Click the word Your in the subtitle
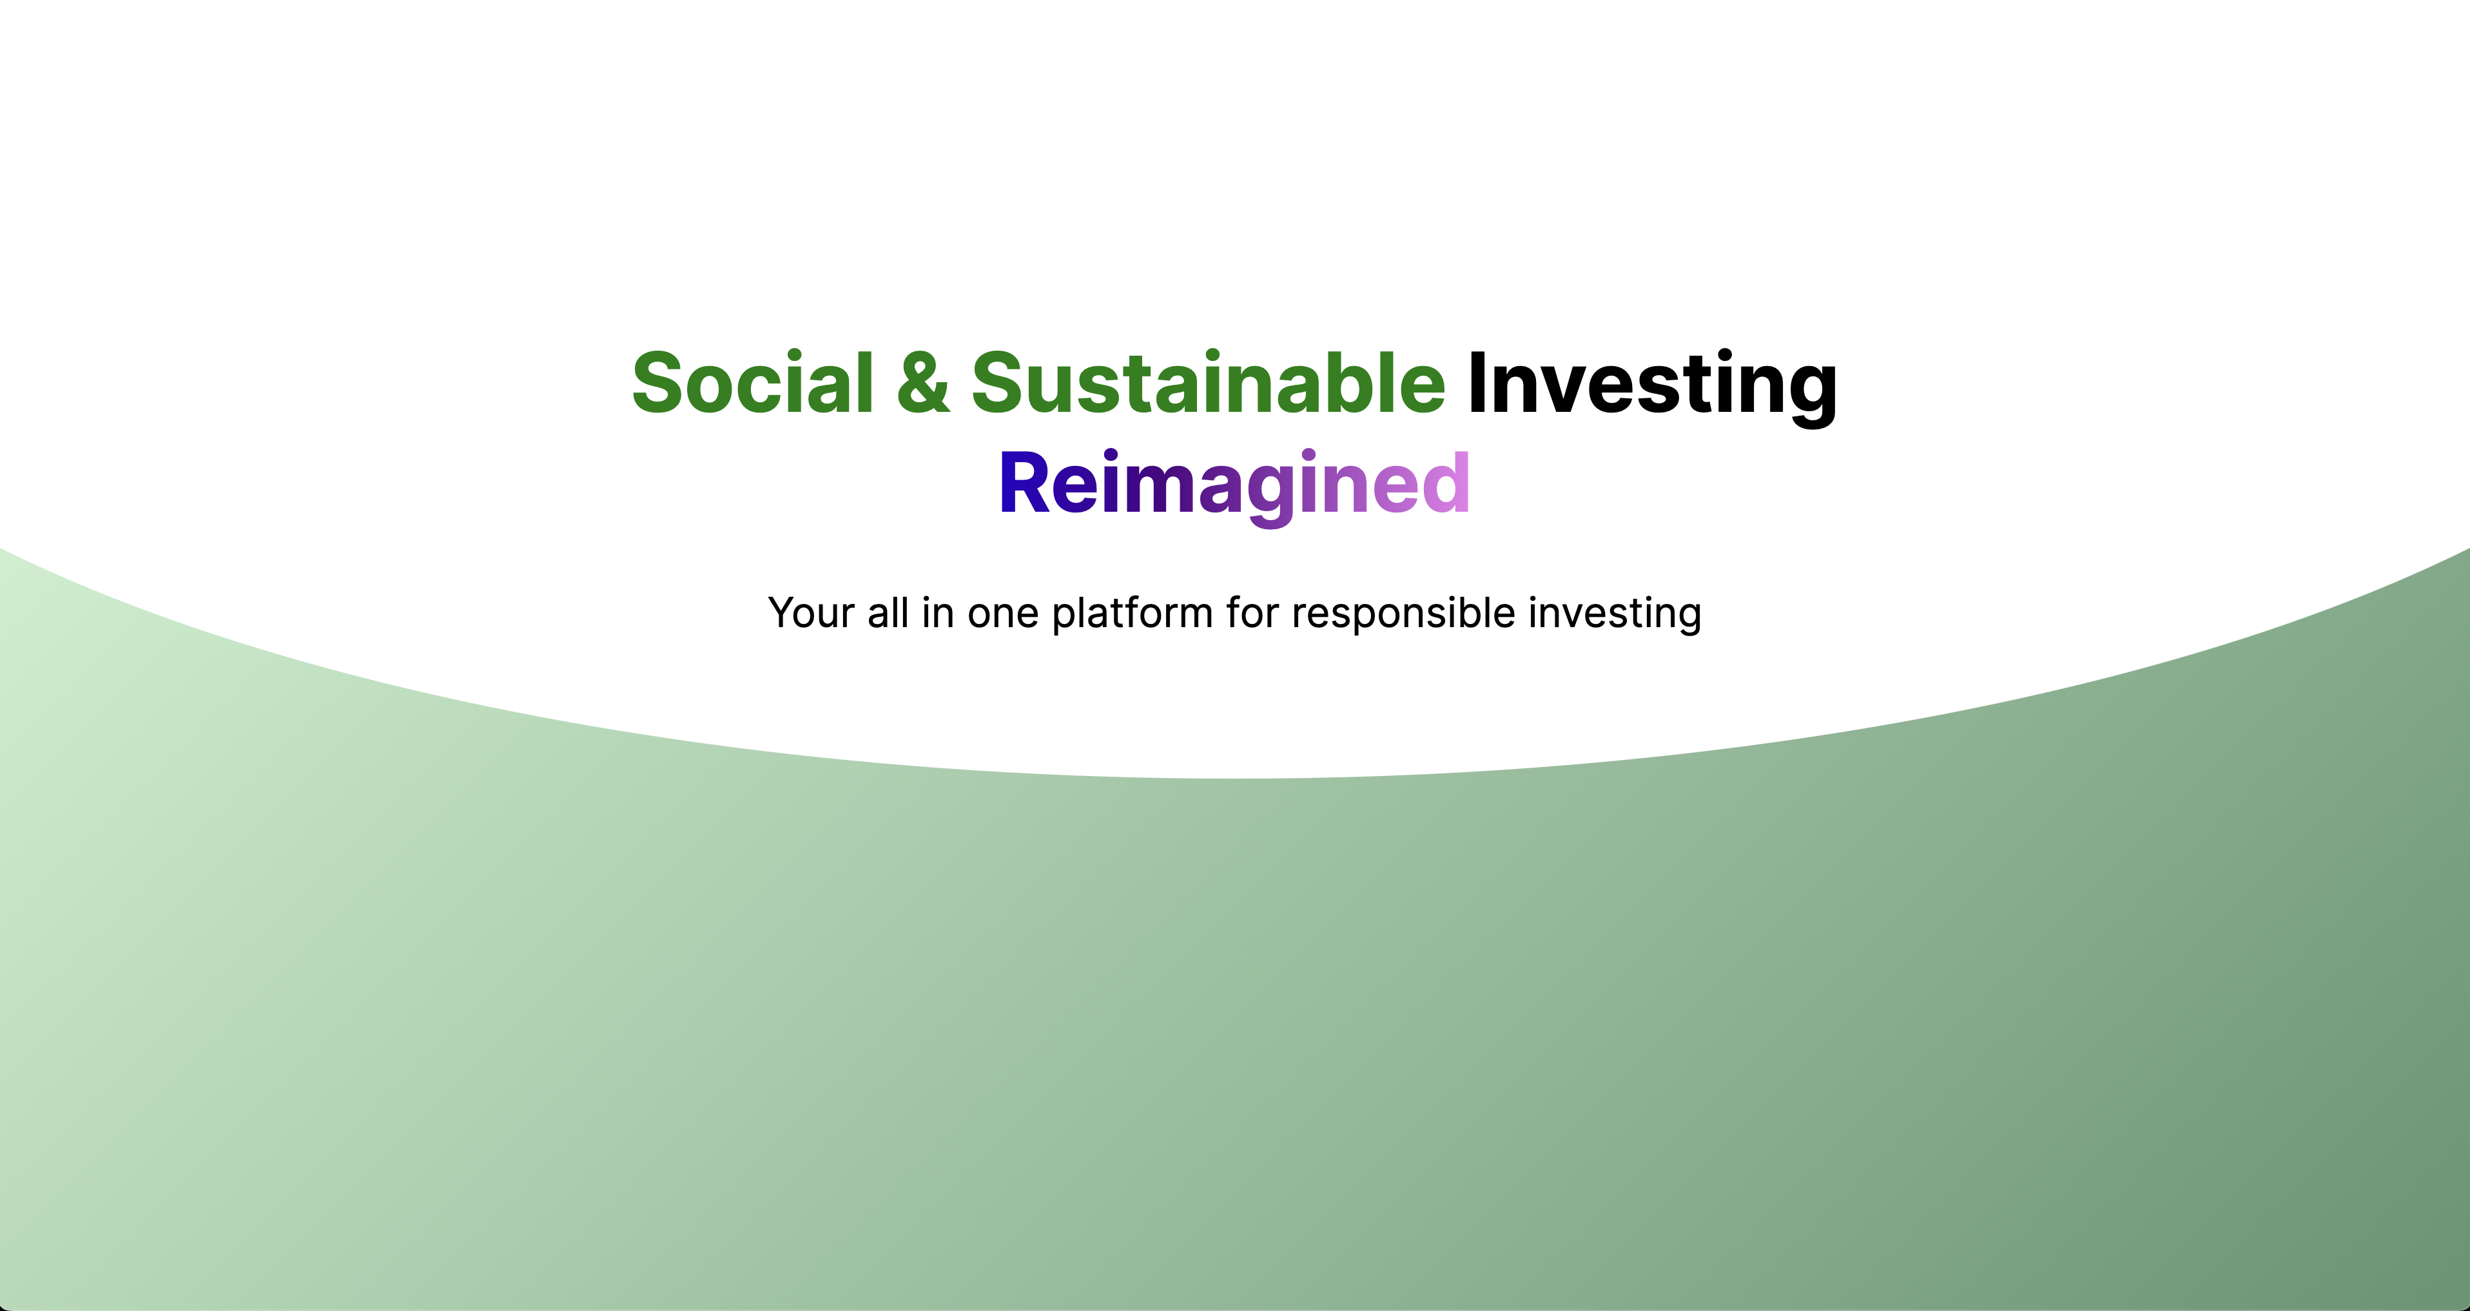pos(811,613)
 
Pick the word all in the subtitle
pos(888,613)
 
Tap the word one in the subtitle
pos(1003,615)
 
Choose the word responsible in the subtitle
pos(1404,615)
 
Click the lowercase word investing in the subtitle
pos(1615,615)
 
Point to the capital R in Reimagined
pos(1024,482)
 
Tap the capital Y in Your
pos(784,613)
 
